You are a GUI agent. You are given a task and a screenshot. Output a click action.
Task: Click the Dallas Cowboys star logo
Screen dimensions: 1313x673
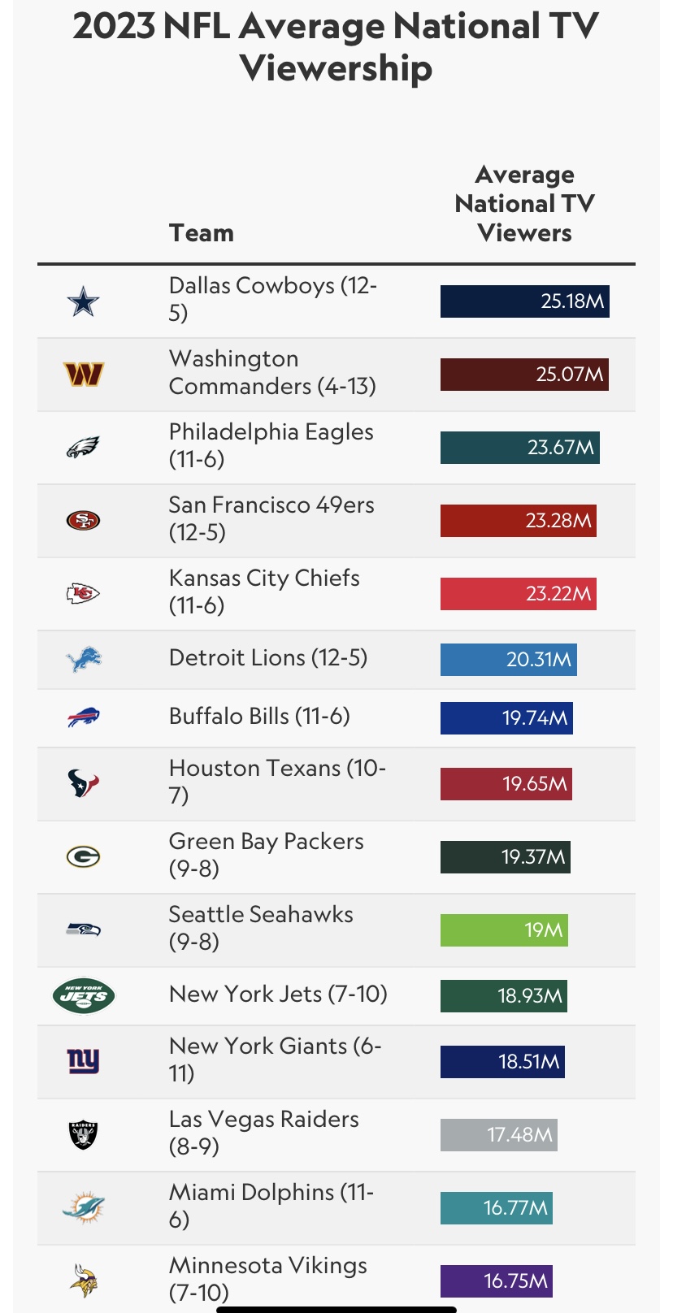point(83,302)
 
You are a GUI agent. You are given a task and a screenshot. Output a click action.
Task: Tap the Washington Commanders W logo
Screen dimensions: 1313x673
point(83,375)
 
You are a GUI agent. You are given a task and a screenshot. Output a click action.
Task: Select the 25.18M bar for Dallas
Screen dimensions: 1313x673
point(524,301)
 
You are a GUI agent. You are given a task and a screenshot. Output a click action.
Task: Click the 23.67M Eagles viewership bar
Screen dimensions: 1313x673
point(519,448)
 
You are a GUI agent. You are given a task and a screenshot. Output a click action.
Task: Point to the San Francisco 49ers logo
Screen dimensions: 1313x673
point(83,520)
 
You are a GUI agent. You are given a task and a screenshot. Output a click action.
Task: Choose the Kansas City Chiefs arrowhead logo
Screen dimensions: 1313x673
point(83,594)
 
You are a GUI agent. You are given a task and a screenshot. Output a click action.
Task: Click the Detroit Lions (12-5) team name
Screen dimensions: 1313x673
point(268,657)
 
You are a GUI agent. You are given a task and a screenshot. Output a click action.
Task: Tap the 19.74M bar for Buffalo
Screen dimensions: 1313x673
point(506,718)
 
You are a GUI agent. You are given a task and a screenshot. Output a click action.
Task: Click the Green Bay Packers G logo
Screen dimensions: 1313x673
point(83,856)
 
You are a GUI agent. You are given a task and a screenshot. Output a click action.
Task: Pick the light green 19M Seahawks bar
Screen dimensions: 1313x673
point(504,930)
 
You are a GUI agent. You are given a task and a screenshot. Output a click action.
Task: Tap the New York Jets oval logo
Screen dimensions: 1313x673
point(83,996)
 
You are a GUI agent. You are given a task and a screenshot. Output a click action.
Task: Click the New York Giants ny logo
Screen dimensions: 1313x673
point(83,1061)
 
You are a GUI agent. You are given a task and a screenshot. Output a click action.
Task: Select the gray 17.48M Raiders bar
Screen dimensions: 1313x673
point(498,1135)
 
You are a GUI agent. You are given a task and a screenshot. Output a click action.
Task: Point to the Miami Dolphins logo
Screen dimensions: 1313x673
point(83,1207)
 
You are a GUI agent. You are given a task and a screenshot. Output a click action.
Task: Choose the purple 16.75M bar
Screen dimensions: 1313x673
point(496,1281)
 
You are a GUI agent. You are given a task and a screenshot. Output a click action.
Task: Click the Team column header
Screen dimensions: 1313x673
point(202,233)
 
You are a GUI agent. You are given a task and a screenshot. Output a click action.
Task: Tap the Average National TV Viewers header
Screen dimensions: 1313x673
point(524,204)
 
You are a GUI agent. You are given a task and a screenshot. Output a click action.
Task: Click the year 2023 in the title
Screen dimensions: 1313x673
point(114,27)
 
